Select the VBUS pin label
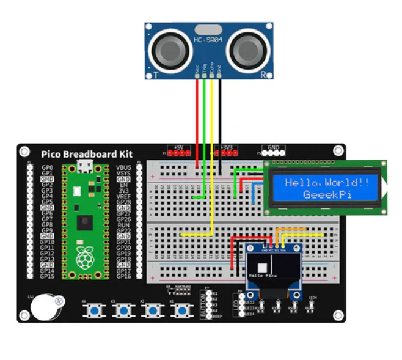[x=123, y=167]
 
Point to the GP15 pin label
[x=47, y=276]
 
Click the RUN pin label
[x=123, y=224]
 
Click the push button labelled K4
[x=95, y=312]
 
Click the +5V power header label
[x=177, y=147]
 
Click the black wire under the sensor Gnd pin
[x=219, y=122]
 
